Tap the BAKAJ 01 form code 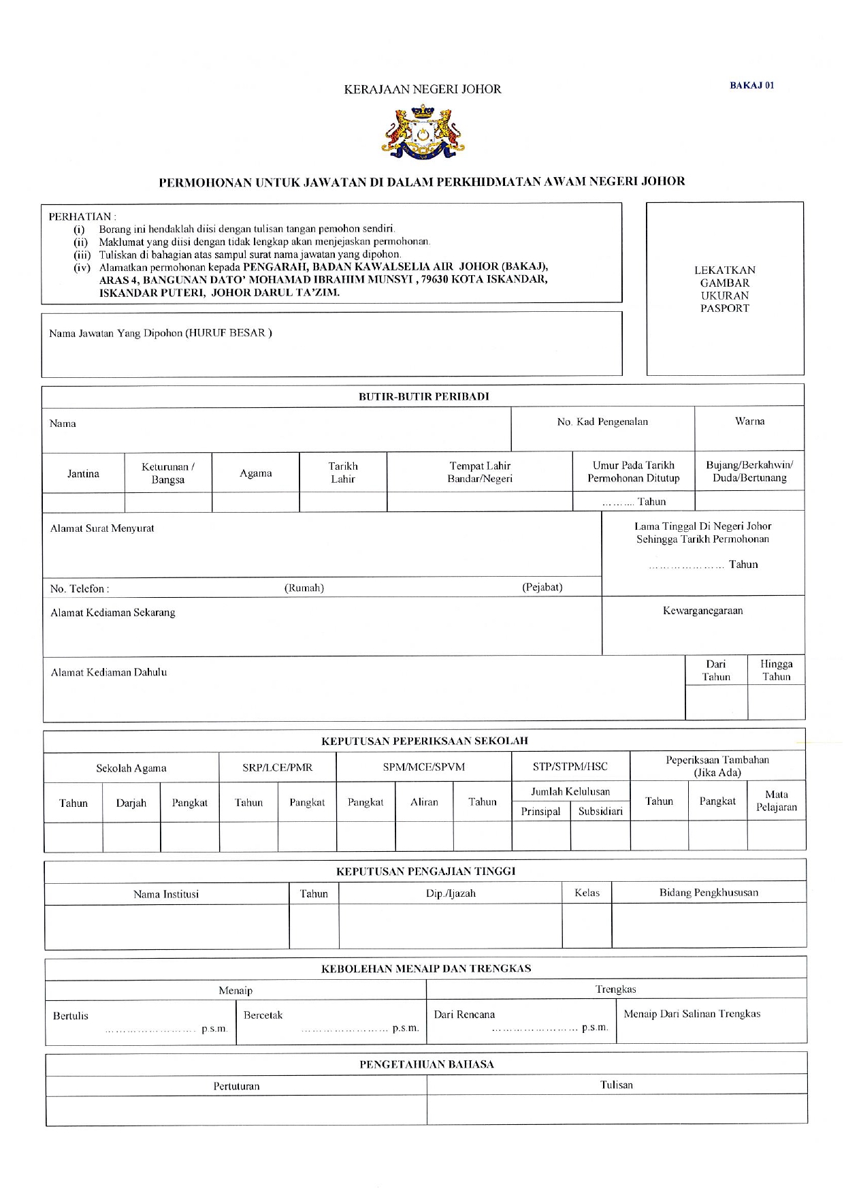[x=751, y=86]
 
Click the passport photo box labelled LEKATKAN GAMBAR [x=725, y=289]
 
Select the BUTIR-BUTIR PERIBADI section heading [x=423, y=396]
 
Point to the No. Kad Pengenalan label [x=602, y=422]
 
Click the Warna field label [x=749, y=421]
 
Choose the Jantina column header [x=83, y=474]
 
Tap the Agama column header [x=255, y=473]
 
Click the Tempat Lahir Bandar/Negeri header [x=479, y=473]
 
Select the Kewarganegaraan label [x=702, y=611]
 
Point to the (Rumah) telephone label [x=304, y=588]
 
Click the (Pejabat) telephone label [x=542, y=587]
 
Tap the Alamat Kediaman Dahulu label [x=109, y=673]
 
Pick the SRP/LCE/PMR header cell [x=277, y=767]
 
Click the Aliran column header [x=424, y=802]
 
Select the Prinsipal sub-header [x=540, y=812]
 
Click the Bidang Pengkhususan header [x=708, y=893]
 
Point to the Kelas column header [x=587, y=893]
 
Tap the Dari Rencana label [x=464, y=1015]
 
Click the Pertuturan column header [x=236, y=1086]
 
